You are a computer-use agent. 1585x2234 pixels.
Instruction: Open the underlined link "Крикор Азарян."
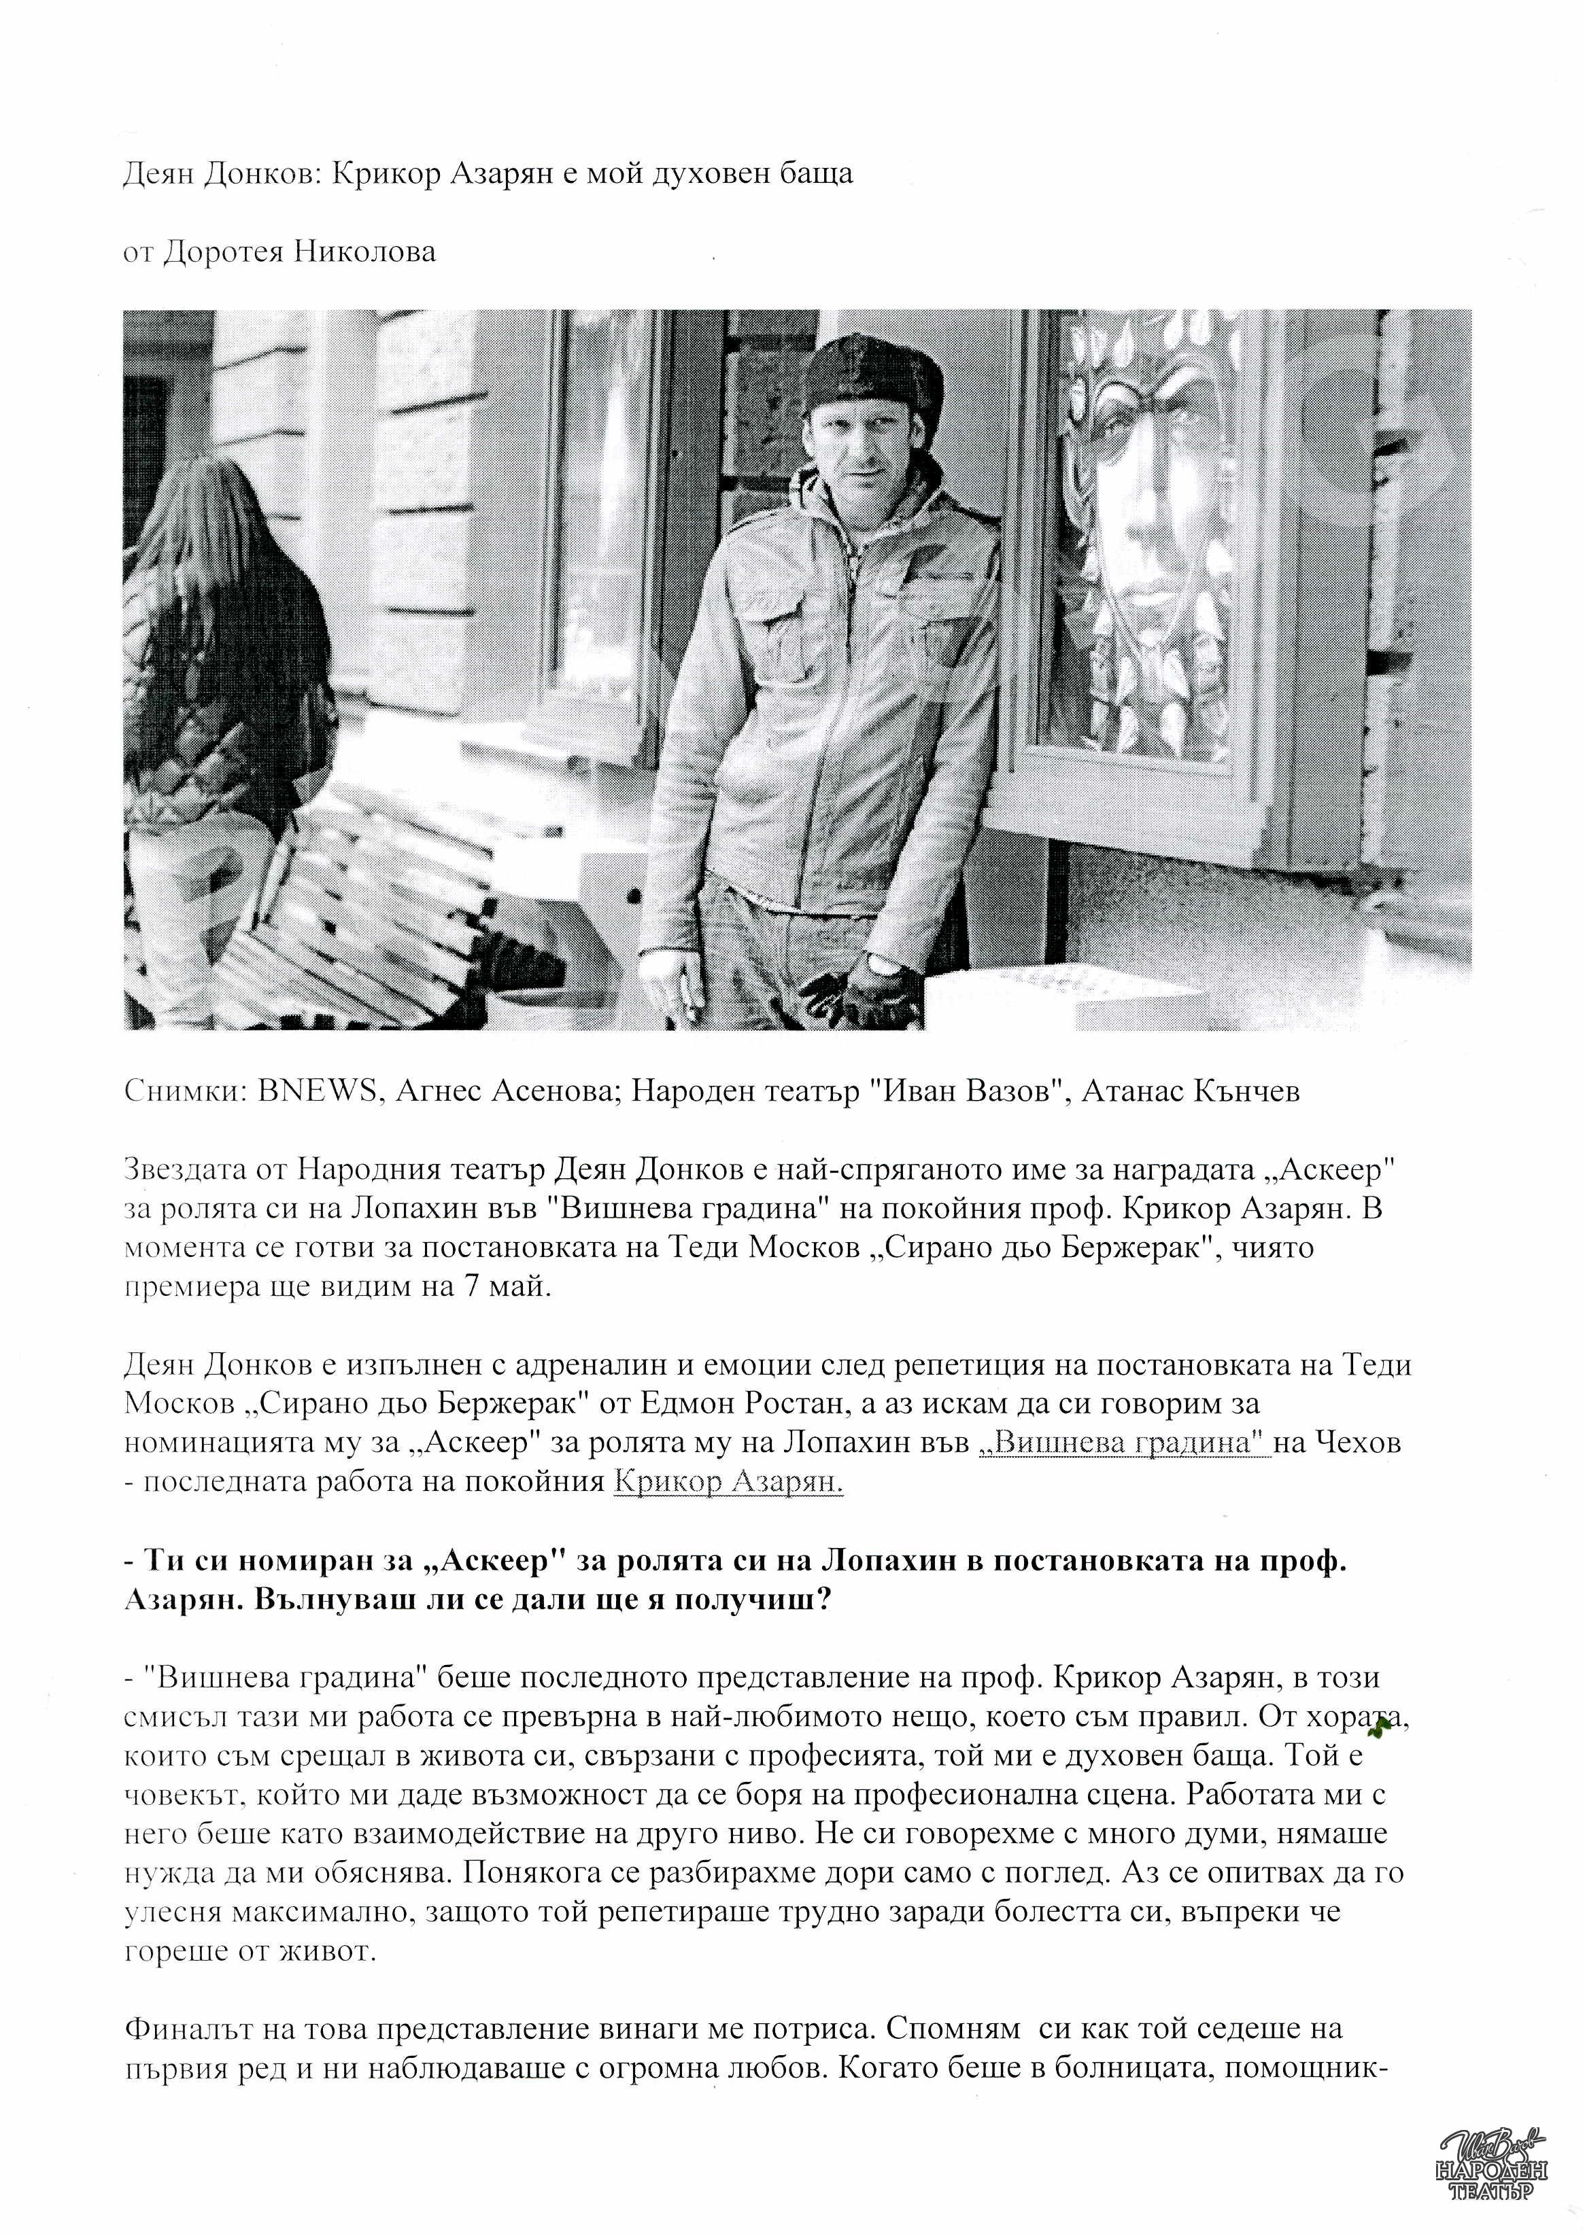pos(727,1483)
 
